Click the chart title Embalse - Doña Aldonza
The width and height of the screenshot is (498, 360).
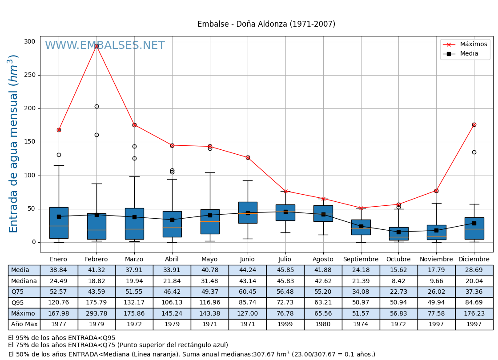click(x=266, y=24)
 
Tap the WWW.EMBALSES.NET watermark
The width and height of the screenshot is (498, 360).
click(x=105, y=46)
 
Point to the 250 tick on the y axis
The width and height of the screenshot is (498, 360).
click(x=29, y=75)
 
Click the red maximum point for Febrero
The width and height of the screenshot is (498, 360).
click(x=96, y=46)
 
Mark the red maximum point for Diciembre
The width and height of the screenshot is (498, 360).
click(x=474, y=124)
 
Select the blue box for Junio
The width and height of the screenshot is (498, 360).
click(x=248, y=212)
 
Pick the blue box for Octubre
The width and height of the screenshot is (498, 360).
click(x=398, y=234)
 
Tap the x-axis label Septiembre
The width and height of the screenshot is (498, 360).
click(x=361, y=260)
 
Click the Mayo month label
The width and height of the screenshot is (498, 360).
click(x=210, y=260)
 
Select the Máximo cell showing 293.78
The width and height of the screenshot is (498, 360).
click(x=96, y=314)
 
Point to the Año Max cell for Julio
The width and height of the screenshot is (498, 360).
click(x=285, y=324)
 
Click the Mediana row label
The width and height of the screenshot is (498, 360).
click(x=24, y=281)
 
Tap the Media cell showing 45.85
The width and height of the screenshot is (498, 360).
click(x=285, y=270)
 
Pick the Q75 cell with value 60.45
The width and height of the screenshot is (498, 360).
click(x=248, y=292)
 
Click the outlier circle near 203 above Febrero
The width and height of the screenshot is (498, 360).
click(x=96, y=106)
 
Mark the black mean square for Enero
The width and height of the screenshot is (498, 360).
click(x=59, y=216)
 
